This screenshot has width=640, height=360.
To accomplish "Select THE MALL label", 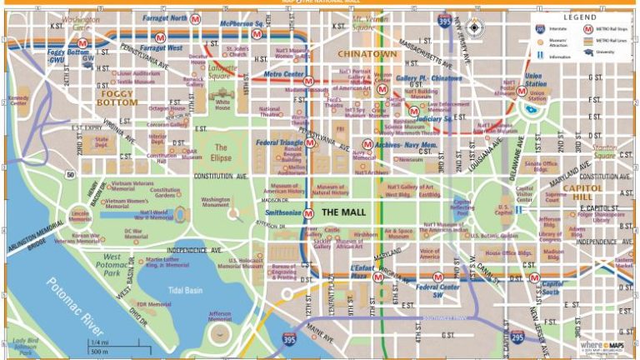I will tap(342, 213).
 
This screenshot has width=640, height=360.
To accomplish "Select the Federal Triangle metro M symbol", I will tap(310, 143).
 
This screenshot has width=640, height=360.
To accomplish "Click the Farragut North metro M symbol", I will tap(196, 17).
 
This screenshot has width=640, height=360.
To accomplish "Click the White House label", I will tap(223, 106).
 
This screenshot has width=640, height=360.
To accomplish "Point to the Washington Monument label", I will tap(216, 202).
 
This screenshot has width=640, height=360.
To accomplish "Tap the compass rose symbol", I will tap(474, 28).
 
